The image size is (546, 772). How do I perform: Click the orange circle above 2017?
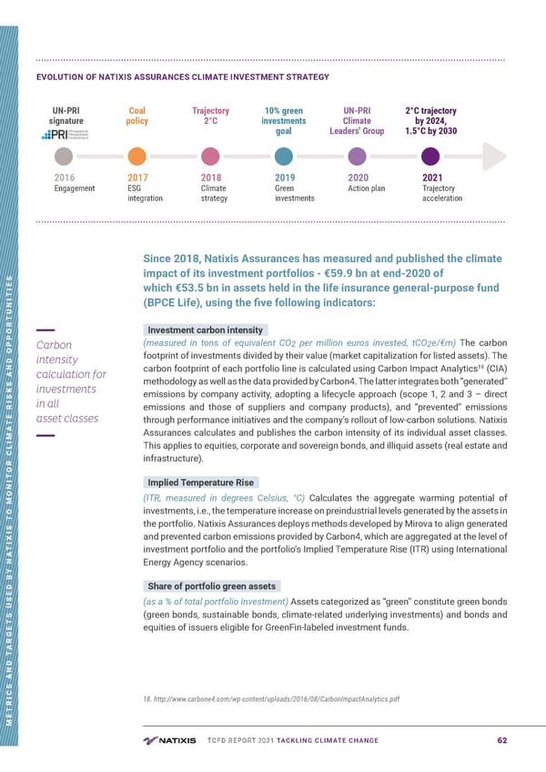click(x=136, y=155)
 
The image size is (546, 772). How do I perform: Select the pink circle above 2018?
click(x=210, y=155)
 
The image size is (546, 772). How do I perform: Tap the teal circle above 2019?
click(x=284, y=155)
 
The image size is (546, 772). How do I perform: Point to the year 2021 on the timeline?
click(x=434, y=178)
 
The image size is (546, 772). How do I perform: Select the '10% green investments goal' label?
click(x=283, y=120)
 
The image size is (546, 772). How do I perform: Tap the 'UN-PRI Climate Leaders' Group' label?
click(x=357, y=120)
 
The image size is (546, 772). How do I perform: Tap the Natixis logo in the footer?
click(x=170, y=739)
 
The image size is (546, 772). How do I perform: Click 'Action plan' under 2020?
click(x=367, y=188)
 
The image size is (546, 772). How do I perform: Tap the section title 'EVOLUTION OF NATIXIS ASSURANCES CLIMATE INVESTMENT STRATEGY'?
click(x=182, y=77)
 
